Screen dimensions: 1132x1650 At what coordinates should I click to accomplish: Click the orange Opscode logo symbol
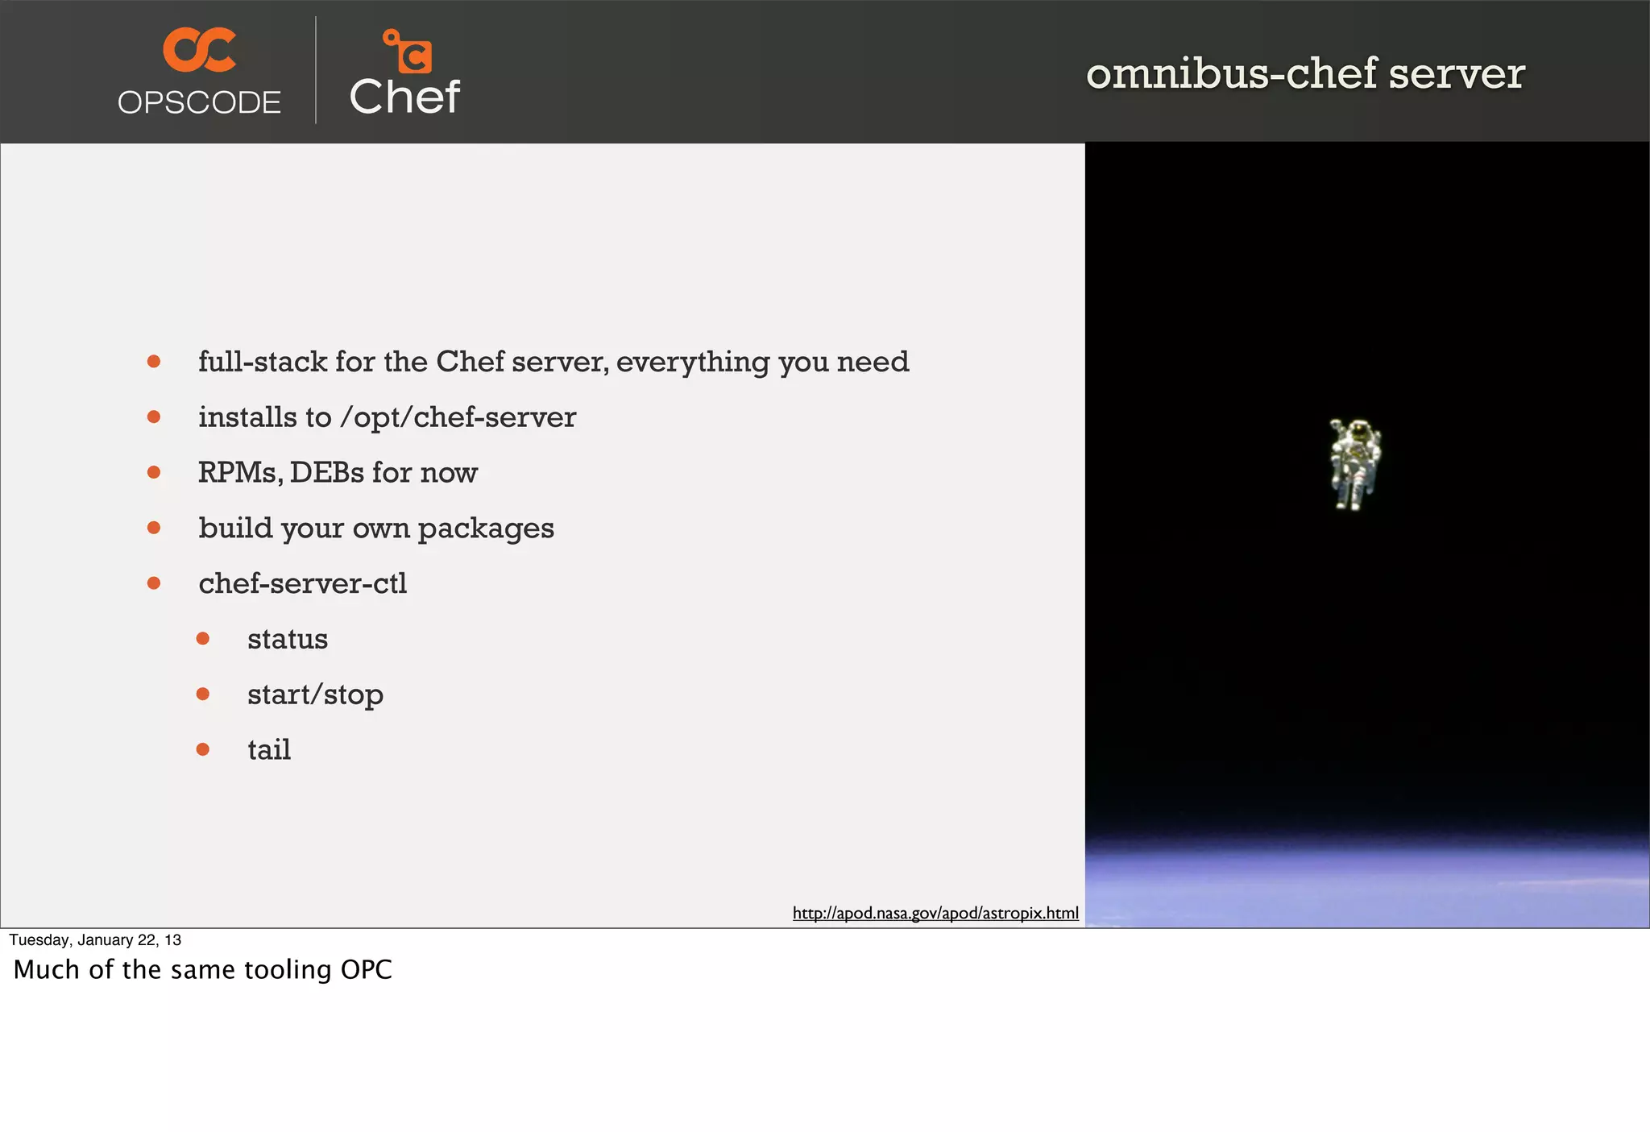pos(199,49)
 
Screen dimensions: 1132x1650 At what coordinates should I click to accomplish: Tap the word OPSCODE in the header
pos(199,103)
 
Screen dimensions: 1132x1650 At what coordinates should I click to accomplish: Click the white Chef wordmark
pos(404,97)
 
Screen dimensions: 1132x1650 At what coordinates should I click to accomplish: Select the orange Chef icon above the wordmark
pos(408,51)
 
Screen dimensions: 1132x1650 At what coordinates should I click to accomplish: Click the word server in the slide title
pos(1457,73)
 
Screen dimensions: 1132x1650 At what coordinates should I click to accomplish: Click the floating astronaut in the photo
pos(1354,463)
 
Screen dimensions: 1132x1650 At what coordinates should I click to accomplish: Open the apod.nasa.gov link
pos(935,913)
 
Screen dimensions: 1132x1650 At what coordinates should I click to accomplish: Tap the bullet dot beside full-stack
pos(154,362)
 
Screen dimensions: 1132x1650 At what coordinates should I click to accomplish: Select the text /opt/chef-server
pos(458,417)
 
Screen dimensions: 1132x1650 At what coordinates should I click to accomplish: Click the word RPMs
pos(239,473)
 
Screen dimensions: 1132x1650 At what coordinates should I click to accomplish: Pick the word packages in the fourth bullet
pos(486,529)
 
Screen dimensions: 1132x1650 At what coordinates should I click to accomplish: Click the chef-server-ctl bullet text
pos(302,583)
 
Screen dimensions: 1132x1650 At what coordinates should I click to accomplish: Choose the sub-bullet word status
pos(288,639)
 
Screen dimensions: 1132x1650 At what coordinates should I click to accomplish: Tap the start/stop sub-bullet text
pos(315,695)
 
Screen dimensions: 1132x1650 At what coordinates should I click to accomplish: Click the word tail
pos(269,750)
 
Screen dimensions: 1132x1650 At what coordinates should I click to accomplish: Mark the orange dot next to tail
pos(203,749)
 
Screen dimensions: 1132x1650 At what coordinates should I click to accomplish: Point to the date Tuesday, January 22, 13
pos(95,940)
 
